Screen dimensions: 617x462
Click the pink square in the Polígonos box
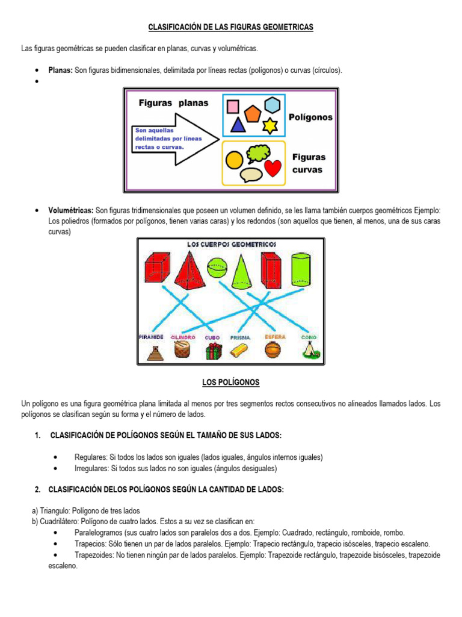[233, 107]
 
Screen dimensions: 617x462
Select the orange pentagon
[253, 113]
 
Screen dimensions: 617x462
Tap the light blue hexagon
[273, 105]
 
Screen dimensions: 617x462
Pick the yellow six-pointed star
[270, 125]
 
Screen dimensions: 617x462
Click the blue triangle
[238, 125]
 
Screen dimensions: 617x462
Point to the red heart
[273, 168]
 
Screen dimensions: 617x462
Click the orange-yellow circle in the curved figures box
[234, 160]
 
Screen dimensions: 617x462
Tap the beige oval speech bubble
[251, 174]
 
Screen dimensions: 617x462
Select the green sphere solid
[217, 267]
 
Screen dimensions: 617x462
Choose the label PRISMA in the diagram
[241, 338]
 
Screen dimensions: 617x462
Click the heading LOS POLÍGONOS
[231, 383]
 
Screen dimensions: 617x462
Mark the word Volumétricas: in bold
[70, 210]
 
